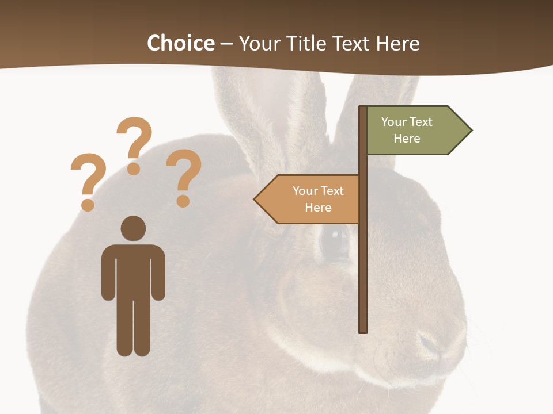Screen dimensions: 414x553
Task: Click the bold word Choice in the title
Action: [x=180, y=43]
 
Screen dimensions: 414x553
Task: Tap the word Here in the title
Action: [x=397, y=43]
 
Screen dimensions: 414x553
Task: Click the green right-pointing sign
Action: [x=412, y=131]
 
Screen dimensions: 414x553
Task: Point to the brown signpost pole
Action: [x=363, y=270]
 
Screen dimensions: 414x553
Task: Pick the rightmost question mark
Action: [x=184, y=172]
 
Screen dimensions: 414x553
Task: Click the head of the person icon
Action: [x=133, y=228]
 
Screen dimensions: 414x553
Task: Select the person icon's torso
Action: [x=133, y=270]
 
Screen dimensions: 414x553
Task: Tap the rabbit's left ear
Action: [x=253, y=115]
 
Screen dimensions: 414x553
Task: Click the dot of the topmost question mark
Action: [x=134, y=168]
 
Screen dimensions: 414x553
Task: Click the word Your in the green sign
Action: [x=393, y=122]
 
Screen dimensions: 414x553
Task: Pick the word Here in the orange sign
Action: [x=318, y=208]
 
